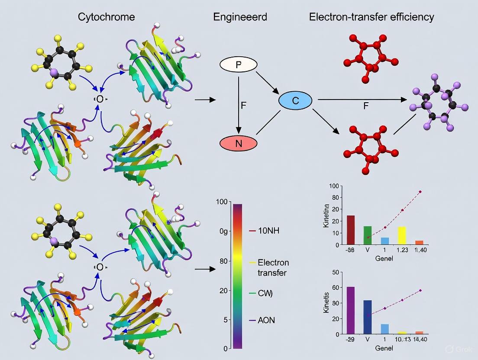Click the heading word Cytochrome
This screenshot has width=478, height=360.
pyautogui.click(x=106, y=17)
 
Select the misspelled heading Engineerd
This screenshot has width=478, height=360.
pyautogui.click(x=240, y=17)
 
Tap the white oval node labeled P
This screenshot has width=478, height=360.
pyautogui.click(x=238, y=65)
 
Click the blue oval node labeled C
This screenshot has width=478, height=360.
pyautogui.click(x=295, y=101)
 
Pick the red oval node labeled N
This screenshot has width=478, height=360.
pyautogui.click(x=238, y=143)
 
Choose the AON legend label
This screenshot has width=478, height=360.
pyautogui.click(x=266, y=320)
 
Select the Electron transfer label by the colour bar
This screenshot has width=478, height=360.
pyautogui.click(x=273, y=267)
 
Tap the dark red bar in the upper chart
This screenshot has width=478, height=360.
pyautogui.click(x=351, y=230)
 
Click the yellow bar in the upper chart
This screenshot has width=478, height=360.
pyautogui.click(x=402, y=235)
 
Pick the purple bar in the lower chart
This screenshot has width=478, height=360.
pyautogui.click(x=351, y=310)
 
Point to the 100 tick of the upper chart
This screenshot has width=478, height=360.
pyautogui.click(x=334, y=186)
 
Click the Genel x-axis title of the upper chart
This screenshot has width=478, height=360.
pyautogui.click(x=384, y=258)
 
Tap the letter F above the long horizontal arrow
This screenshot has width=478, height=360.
pyautogui.click(x=366, y=106)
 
